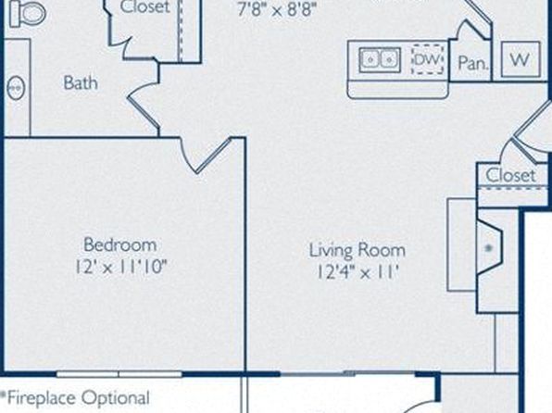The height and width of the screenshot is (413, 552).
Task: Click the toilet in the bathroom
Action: tap(28, 13)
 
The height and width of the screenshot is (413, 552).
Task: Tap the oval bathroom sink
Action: tap(16, 87)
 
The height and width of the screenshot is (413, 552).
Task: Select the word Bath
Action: tap(81, 83)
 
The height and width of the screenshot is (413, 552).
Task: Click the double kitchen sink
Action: tap(380, 60)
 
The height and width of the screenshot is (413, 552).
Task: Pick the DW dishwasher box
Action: tap(427, 59)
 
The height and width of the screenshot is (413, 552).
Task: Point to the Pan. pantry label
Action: tap(473, 63)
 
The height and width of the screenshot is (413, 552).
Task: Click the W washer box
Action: tap(521, 59)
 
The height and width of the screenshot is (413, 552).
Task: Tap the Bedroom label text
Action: tap(120, 244)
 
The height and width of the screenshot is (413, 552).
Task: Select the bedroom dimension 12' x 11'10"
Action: tap(120, 267)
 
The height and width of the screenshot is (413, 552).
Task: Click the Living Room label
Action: tap(358, 250)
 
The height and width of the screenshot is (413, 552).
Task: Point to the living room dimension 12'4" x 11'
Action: tap(358, 272)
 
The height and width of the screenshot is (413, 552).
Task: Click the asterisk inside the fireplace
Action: tap(488, 248)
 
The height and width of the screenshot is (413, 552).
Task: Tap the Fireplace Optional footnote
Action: tap(75, 398)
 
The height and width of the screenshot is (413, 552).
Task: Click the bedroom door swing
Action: tap(206, 156)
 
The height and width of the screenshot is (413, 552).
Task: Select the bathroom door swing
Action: tap(144, 106)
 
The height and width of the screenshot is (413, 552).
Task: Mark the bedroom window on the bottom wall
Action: tap(119, 374)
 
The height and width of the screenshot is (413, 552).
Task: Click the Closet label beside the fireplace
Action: tap(510, 175)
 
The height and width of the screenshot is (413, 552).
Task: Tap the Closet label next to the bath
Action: tap(144, 6)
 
